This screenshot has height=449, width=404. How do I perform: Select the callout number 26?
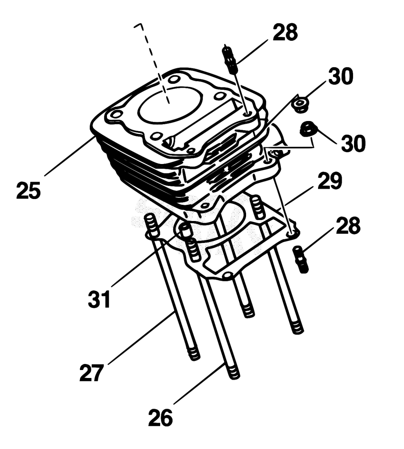[x=161, y=418]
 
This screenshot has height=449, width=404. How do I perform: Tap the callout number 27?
[x=91, y=373]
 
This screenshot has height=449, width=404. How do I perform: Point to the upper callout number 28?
[x=285, y=32]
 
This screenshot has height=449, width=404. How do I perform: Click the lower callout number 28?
[x=348, y=225]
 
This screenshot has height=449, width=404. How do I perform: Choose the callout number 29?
[x=330, y=181]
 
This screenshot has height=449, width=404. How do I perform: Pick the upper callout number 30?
[x=341, y=76]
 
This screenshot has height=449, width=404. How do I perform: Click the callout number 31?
[x=99, y=299]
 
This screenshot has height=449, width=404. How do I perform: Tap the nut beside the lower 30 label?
[x=308, y=128]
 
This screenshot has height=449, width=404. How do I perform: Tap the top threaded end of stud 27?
[x=151, y=225]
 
